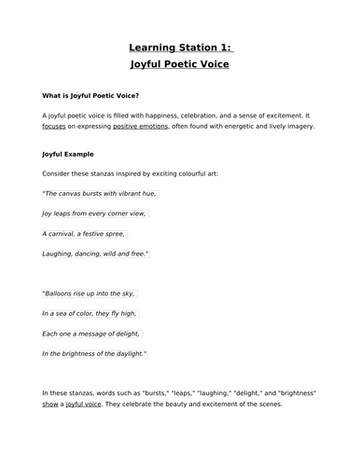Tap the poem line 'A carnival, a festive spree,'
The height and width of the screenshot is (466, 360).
(85, 233)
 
